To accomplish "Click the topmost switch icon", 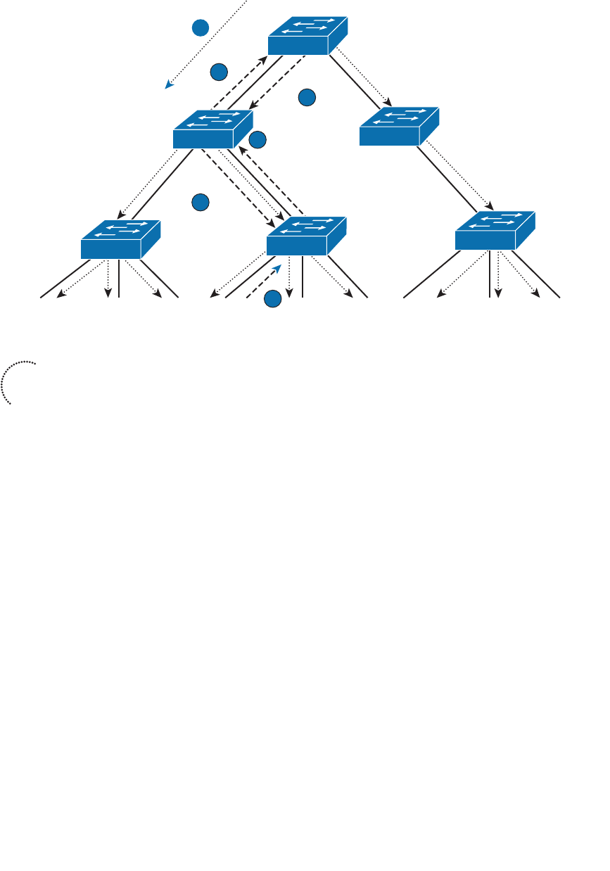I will point(307,36).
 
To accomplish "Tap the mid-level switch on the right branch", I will point(399,126).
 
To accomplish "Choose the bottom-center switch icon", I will point(307,236).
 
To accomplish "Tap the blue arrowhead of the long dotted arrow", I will point(169,84).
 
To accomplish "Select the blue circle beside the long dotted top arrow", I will point(201,27).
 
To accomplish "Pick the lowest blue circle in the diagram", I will point(273,299).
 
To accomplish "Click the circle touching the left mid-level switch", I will point(258,140).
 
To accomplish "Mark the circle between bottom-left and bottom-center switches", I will point(201,203).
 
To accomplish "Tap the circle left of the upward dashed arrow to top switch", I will point(219,72).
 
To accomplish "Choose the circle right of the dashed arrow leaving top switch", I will point(307,98).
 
